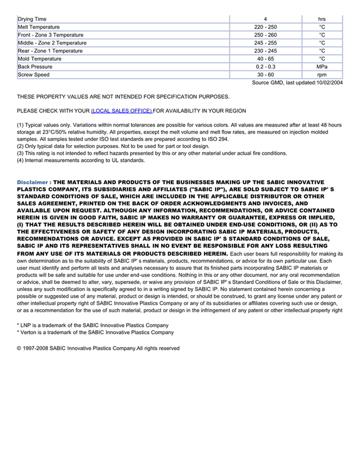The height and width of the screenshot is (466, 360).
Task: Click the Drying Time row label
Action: click(x=32, y=19)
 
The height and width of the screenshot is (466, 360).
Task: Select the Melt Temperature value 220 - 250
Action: click(x=265, y=27)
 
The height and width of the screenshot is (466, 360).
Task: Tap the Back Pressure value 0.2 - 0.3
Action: click(x=265, y=67)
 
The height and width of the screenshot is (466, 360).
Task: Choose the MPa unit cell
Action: click(x=322, y=67)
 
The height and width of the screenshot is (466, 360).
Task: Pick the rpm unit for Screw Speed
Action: click(x=322, y=75)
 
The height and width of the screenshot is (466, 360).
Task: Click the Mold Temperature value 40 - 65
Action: click(x=265, y=59)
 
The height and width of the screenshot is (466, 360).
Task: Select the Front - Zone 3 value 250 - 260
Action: click(x=265, y=35)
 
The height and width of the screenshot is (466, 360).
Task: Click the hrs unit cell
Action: click(x=322, y=19)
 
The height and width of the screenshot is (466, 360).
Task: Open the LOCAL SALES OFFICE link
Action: click(x=121, y=111)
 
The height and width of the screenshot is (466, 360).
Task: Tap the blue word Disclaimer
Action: click(x=32, y=182)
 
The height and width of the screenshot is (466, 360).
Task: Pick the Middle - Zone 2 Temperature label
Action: click(x=52, y=43)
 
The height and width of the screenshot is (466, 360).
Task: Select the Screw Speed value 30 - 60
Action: click(x=265, y=75)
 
